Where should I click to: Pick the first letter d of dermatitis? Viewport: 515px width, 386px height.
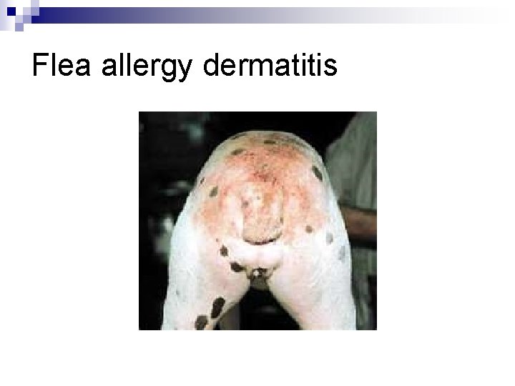pyautogui.click(x=212, y=66)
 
